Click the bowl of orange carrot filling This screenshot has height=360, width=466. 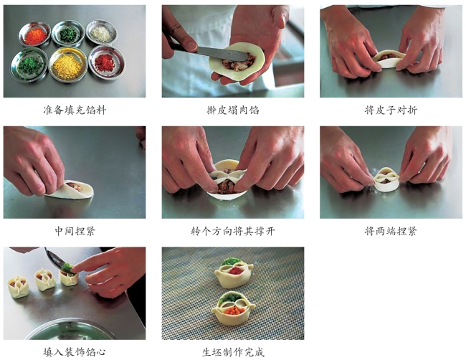tap(35, 35)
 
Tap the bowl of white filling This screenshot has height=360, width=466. tap(102, 32)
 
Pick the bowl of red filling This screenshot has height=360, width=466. tap(107, 62)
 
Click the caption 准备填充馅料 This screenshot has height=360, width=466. tap(75, 110)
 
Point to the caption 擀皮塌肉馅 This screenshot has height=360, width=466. tap(233, 110)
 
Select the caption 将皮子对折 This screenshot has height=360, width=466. tap(391, 110)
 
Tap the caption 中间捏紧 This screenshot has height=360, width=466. tap(75, 231)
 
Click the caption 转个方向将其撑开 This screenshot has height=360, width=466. tap(233, 231)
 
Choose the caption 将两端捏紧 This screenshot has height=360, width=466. tap(391, 231)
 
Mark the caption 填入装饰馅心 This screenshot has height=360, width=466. tap(75, 352)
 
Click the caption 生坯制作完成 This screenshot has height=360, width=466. tap(233, 352)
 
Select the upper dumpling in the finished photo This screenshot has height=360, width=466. tap(234, 273)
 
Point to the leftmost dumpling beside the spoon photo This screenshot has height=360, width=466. tap(18, 287)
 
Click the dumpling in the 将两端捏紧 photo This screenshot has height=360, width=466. tap(386, 179)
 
